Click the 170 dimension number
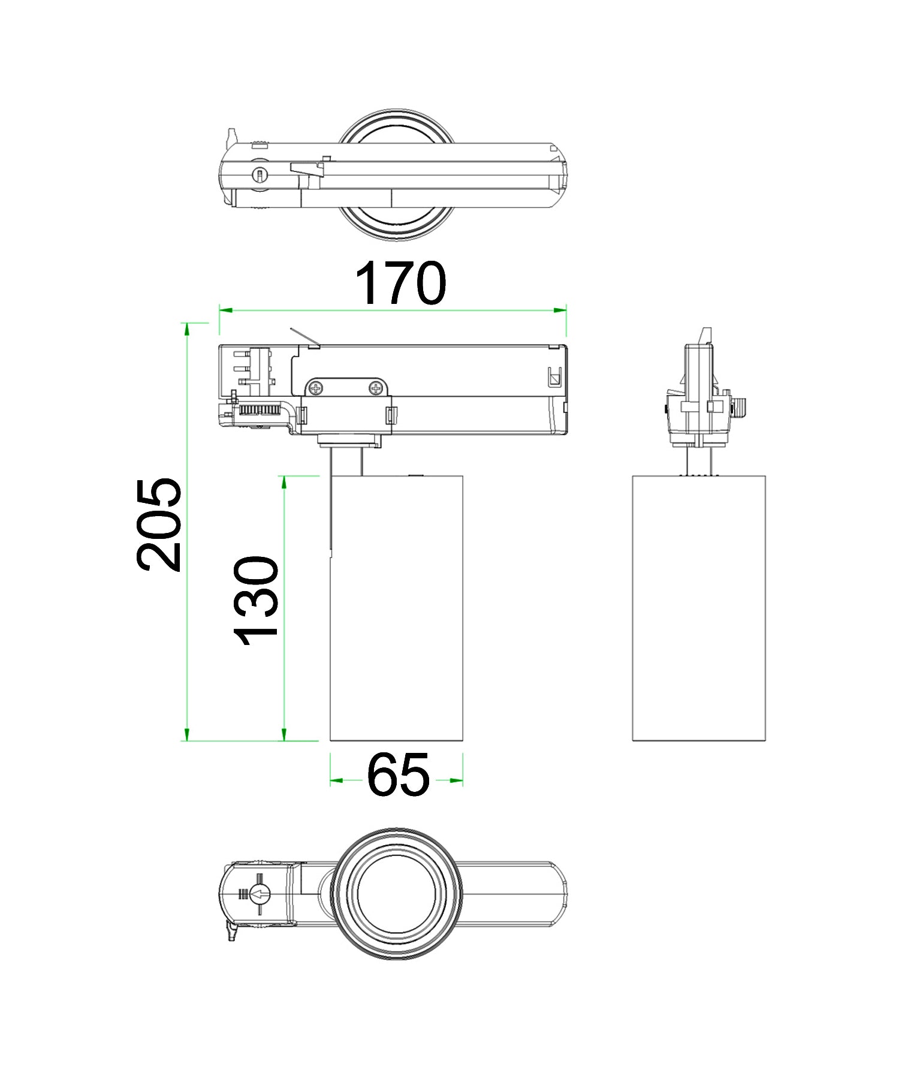(400, 284)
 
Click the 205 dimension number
(158, 525)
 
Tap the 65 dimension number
(398, 776)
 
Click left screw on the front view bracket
(315, 388)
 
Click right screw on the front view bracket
(376, 388)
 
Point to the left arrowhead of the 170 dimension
(226, 310)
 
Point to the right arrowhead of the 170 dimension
(560, 310)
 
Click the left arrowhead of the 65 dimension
(336, 780)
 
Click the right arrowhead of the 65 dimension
(457, 780)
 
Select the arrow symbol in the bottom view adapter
(260, 895)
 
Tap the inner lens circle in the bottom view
(396, 894)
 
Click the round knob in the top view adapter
(260, 175)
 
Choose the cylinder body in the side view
(699, 608)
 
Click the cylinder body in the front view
(396, 608)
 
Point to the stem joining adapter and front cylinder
(346, 462)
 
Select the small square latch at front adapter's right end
(554, 378)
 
